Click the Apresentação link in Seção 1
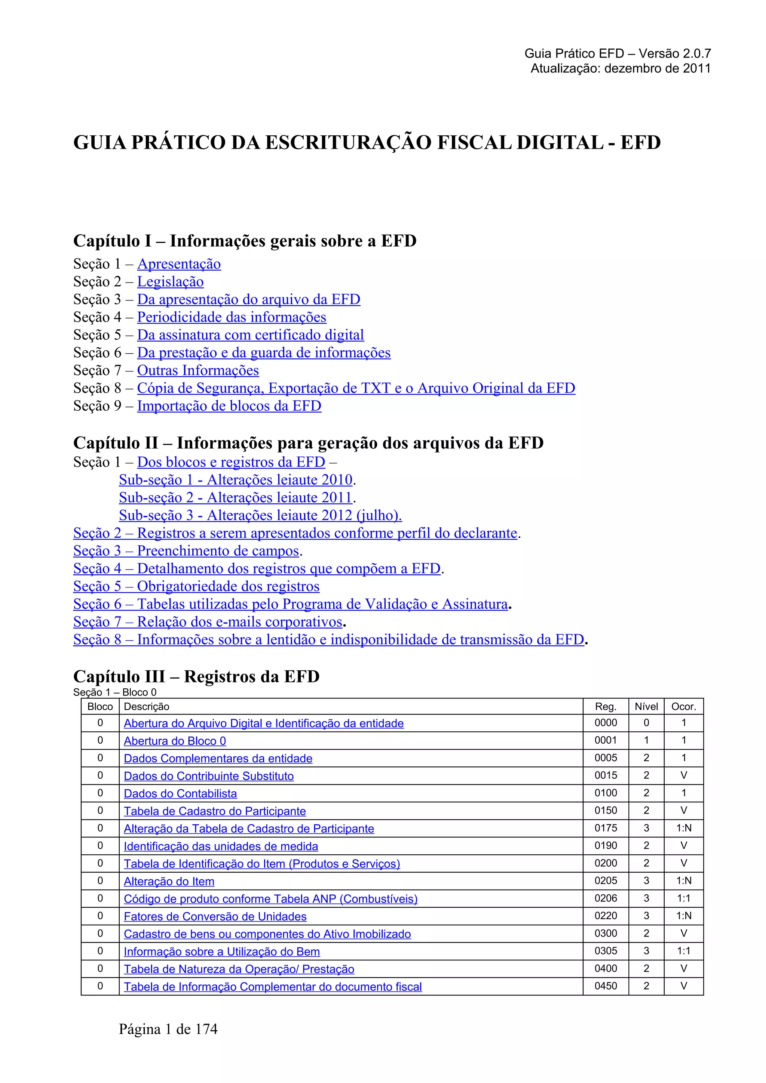pyautogui.click(x=179, y=264)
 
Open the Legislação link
pyautogui.click(x=171, y=282)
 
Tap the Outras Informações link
pyautogui.click(x=198, y=371)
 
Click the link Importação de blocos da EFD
pyautogui.click(x=229, y=406)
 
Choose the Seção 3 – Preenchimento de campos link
pyautogui.click(x=186, y=551)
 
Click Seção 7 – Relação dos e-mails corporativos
pyautogui.click(x=208, y=622)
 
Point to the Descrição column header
pyautogui.click(x=146, y=707)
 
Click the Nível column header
pyautogui.click(x=646, y=707)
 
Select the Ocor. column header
pyautogui.click(x=683, y=707)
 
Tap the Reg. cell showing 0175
pyautogui.click(x=606, y=828)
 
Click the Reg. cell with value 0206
pyautogui.click(x=606, y=898)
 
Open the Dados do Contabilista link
pyautogui.click(x=180, y=794)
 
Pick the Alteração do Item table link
pyautogui.click(x=169, y=882)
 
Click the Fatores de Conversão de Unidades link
pyautogui.click(x=215, y=916)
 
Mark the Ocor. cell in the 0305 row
pyautogui.click(x=683, y=951)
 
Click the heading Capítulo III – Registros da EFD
pyautogui.click(x=196, y=677)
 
